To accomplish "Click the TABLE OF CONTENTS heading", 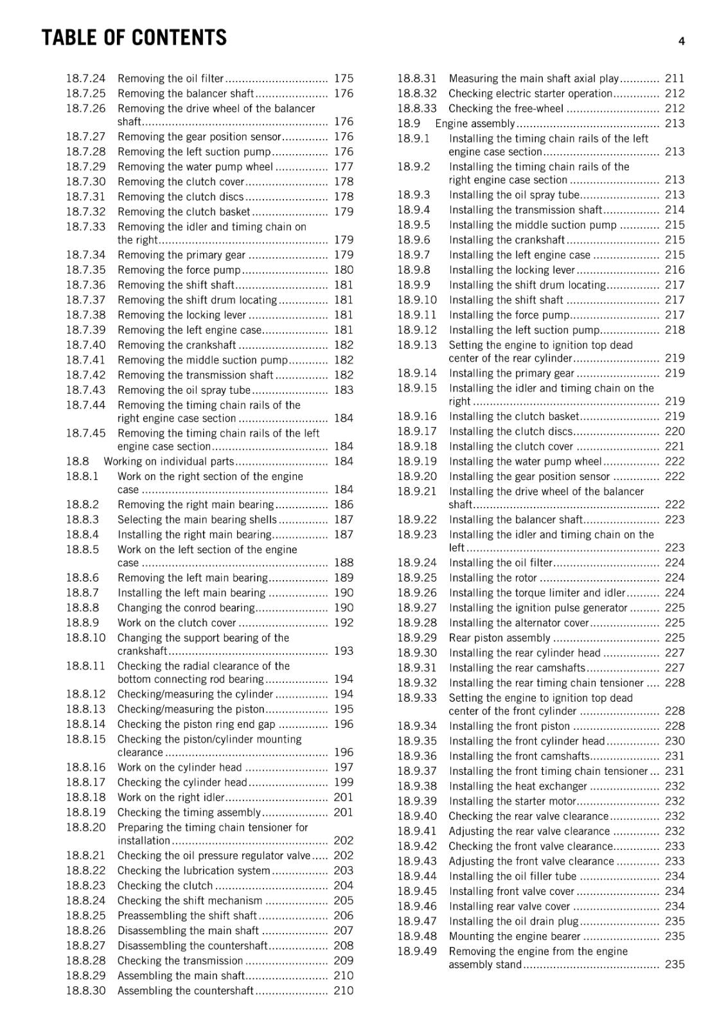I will click(134, 38).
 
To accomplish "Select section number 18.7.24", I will click(85, 78).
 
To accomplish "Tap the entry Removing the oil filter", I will click(170, 78).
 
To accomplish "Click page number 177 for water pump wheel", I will click(343, 166).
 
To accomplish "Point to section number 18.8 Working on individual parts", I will click(77, 461).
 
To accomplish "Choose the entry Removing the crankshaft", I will click(177, 345).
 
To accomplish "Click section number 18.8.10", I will click(85, 638).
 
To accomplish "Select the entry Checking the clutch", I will click(164, 885).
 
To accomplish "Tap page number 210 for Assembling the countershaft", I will click(343, 991).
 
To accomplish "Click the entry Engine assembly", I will click(475, 123).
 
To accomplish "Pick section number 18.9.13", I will click(416, 345).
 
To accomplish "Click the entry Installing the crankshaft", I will click(506, 240).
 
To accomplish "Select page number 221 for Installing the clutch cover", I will click(675, 446).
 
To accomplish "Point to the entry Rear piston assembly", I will click(499, 638).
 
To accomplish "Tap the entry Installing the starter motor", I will click(512, 801).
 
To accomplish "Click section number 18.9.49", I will click(416, 951).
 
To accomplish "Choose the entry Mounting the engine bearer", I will click(514, 936).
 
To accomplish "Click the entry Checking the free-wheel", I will click(506, 109).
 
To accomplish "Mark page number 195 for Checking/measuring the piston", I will click(343, 709).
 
